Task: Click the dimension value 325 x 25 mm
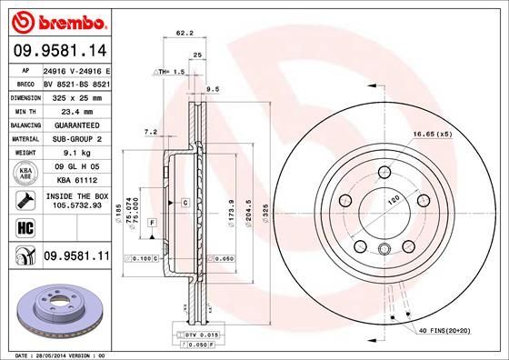coord(77,96)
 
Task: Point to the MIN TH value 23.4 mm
coord(77,109)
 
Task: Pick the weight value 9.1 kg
coord(77,153)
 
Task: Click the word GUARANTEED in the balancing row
coord(77,124)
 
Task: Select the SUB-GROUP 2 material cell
coord(77,138)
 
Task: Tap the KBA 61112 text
coord(77,181)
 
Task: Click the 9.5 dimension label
coord(215,88)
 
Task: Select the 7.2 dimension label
coord(151,132)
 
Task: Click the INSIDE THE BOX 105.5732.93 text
coord(77,201)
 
